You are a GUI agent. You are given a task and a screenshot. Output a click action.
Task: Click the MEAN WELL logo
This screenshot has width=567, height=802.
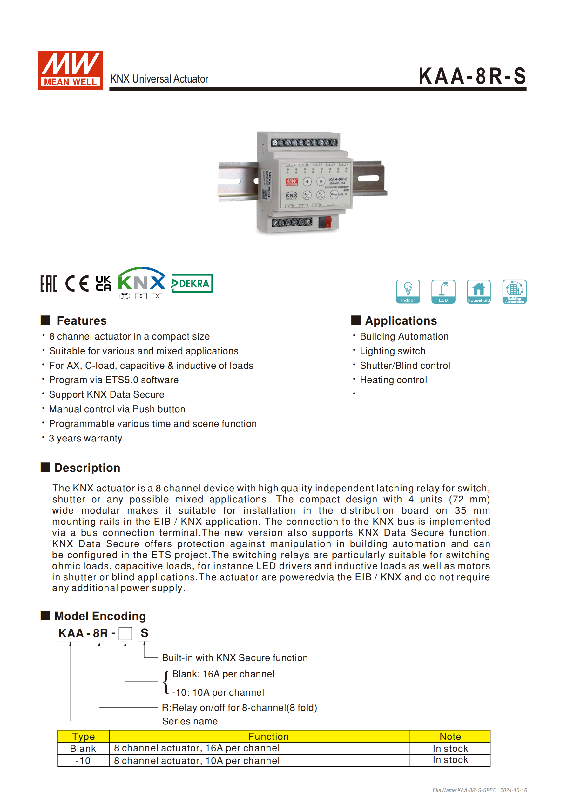pos(71,70)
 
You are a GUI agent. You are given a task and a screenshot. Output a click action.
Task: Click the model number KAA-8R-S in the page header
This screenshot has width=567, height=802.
pos(472,76)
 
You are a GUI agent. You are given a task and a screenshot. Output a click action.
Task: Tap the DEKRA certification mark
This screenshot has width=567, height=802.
pos(192,283)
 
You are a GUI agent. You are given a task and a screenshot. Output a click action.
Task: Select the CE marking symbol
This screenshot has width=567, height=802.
pos(77,283)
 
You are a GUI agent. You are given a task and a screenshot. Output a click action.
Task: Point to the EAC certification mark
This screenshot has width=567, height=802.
pos(49,283)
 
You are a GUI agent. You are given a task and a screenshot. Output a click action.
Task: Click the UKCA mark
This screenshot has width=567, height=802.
pos(104,283)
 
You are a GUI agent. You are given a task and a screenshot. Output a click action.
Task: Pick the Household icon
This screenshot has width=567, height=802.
pos(479,291)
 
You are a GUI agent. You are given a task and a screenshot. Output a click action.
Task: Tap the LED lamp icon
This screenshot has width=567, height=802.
pos(443,291)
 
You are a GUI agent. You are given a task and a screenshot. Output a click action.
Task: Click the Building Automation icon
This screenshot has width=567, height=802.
pos(514,291)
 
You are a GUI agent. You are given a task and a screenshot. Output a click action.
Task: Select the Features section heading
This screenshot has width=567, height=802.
pos(81,321)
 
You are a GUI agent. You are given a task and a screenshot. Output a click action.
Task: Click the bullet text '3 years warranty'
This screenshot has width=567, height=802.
pos(85,438)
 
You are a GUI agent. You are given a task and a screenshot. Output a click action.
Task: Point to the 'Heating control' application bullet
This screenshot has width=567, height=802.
pos(393,380)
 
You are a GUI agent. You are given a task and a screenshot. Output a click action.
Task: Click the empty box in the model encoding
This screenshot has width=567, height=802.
pos(125,633)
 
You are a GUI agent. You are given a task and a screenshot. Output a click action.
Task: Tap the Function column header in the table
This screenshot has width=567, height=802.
pos(268,736)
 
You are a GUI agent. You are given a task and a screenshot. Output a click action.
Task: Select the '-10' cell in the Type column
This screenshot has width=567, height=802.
pos(83,761)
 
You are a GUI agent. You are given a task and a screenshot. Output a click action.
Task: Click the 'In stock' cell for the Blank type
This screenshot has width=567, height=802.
pos(450,749)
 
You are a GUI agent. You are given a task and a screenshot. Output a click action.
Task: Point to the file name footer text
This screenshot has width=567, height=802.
pos(479,790)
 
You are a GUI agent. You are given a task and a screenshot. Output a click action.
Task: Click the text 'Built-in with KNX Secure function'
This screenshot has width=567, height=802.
pos(235,658)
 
